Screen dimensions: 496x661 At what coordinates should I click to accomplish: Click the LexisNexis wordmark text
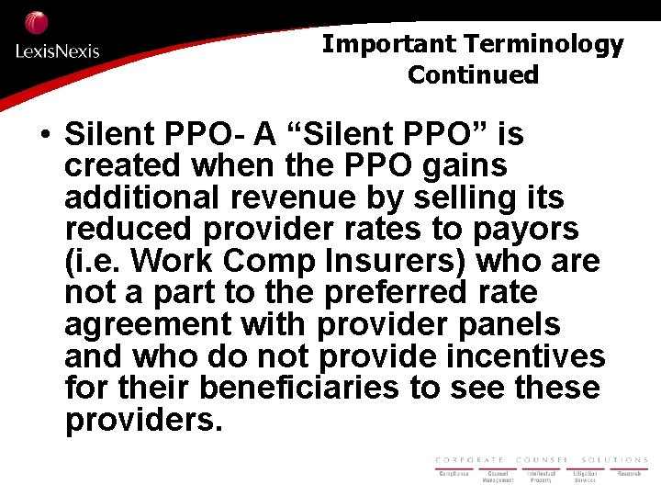(57, 51)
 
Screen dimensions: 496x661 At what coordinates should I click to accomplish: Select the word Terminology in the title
(544, 43)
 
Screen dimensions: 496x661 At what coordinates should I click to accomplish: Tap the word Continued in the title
(473, 74)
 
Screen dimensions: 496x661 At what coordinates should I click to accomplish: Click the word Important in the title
(389, 43)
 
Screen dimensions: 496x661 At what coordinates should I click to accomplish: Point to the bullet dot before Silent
(44, 136)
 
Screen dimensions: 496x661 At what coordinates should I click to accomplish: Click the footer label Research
(629, 474)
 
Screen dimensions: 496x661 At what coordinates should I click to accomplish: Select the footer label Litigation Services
(585, 477)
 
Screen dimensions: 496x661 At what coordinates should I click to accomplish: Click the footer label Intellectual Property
(542, 477)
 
